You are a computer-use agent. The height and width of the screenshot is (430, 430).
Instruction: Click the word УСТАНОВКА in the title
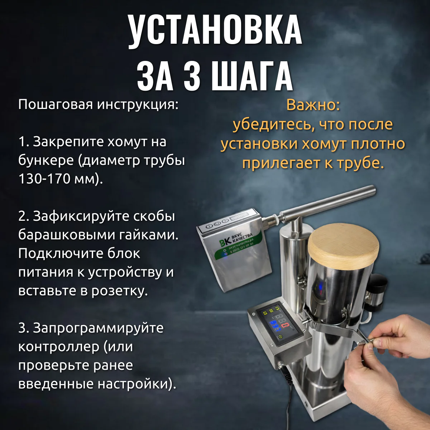[x=215, y=32]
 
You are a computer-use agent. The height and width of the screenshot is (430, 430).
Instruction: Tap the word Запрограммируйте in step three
[x=98, y=328]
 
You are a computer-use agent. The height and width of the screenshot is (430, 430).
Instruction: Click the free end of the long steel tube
[x=373, y=191]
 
